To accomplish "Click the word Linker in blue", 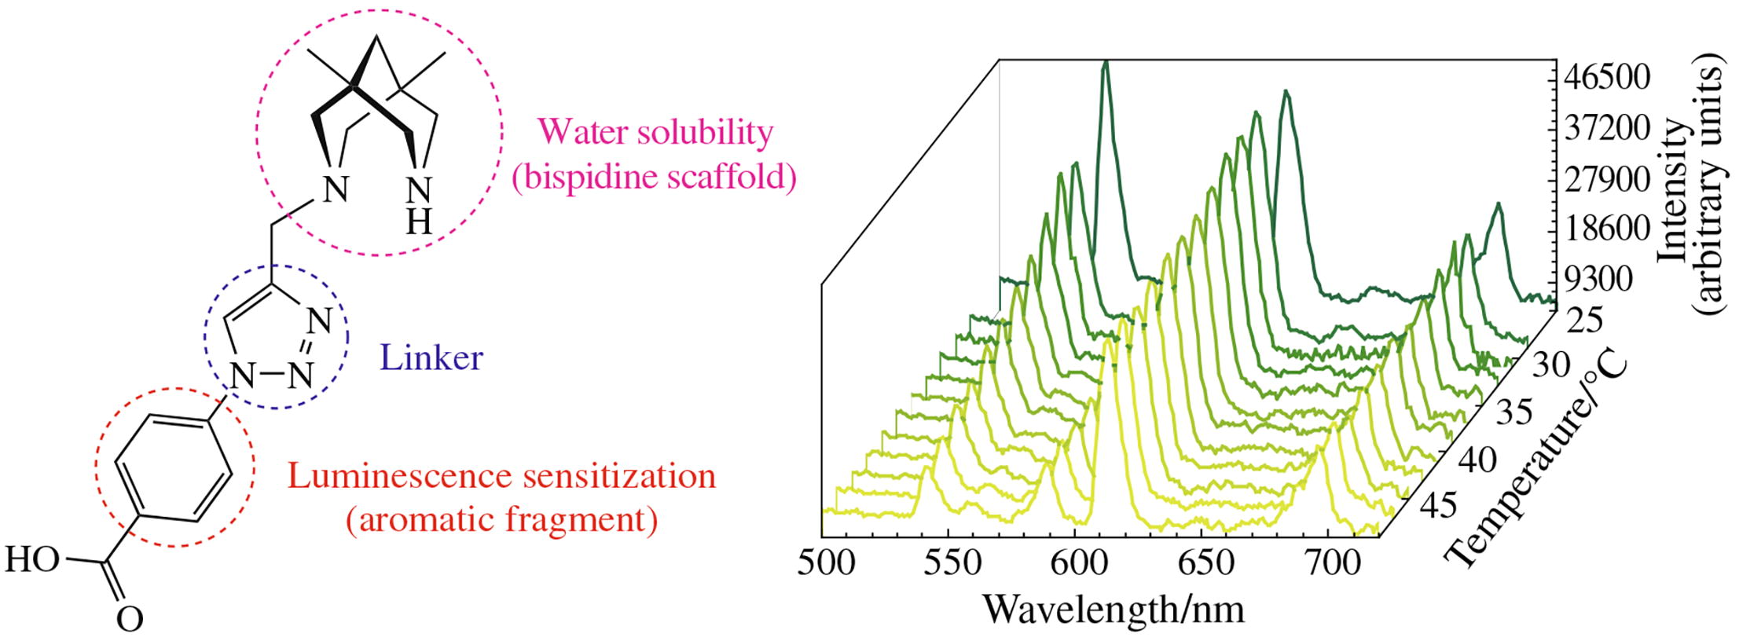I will [431, 358].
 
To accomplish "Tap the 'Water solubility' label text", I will [656, 133].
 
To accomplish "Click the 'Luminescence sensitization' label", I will [501, 476].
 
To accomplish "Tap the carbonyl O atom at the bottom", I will [130, 619].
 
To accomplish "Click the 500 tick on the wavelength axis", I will [826, 563].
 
